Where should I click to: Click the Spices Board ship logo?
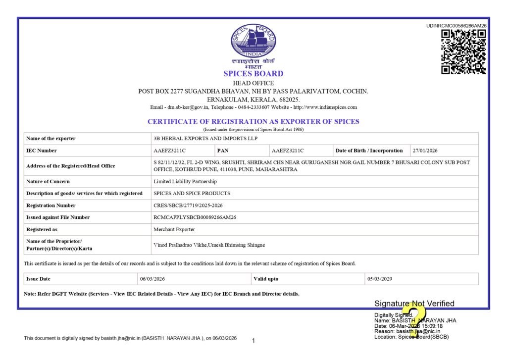[253, 41]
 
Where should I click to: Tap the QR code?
[463, 51]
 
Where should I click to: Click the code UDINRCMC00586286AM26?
[456, 26]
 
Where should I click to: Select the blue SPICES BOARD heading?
[253, 74]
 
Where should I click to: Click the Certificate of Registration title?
[253, 121]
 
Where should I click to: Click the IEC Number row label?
[42, 151]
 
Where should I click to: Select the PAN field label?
[223, 151]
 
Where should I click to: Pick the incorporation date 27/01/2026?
[425, 151]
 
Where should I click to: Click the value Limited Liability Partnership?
[185, 182]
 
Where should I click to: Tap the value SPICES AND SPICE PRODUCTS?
[192, 193]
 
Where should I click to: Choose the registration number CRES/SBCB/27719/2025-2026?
[192, 205]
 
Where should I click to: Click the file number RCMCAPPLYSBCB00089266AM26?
[195, 217]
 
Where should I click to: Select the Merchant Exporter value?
[174, 229]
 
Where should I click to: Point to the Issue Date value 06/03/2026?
[152, 279]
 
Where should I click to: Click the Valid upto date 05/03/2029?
[380, 279]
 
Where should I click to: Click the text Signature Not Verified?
[414, 304]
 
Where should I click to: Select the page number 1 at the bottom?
[253, 341]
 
